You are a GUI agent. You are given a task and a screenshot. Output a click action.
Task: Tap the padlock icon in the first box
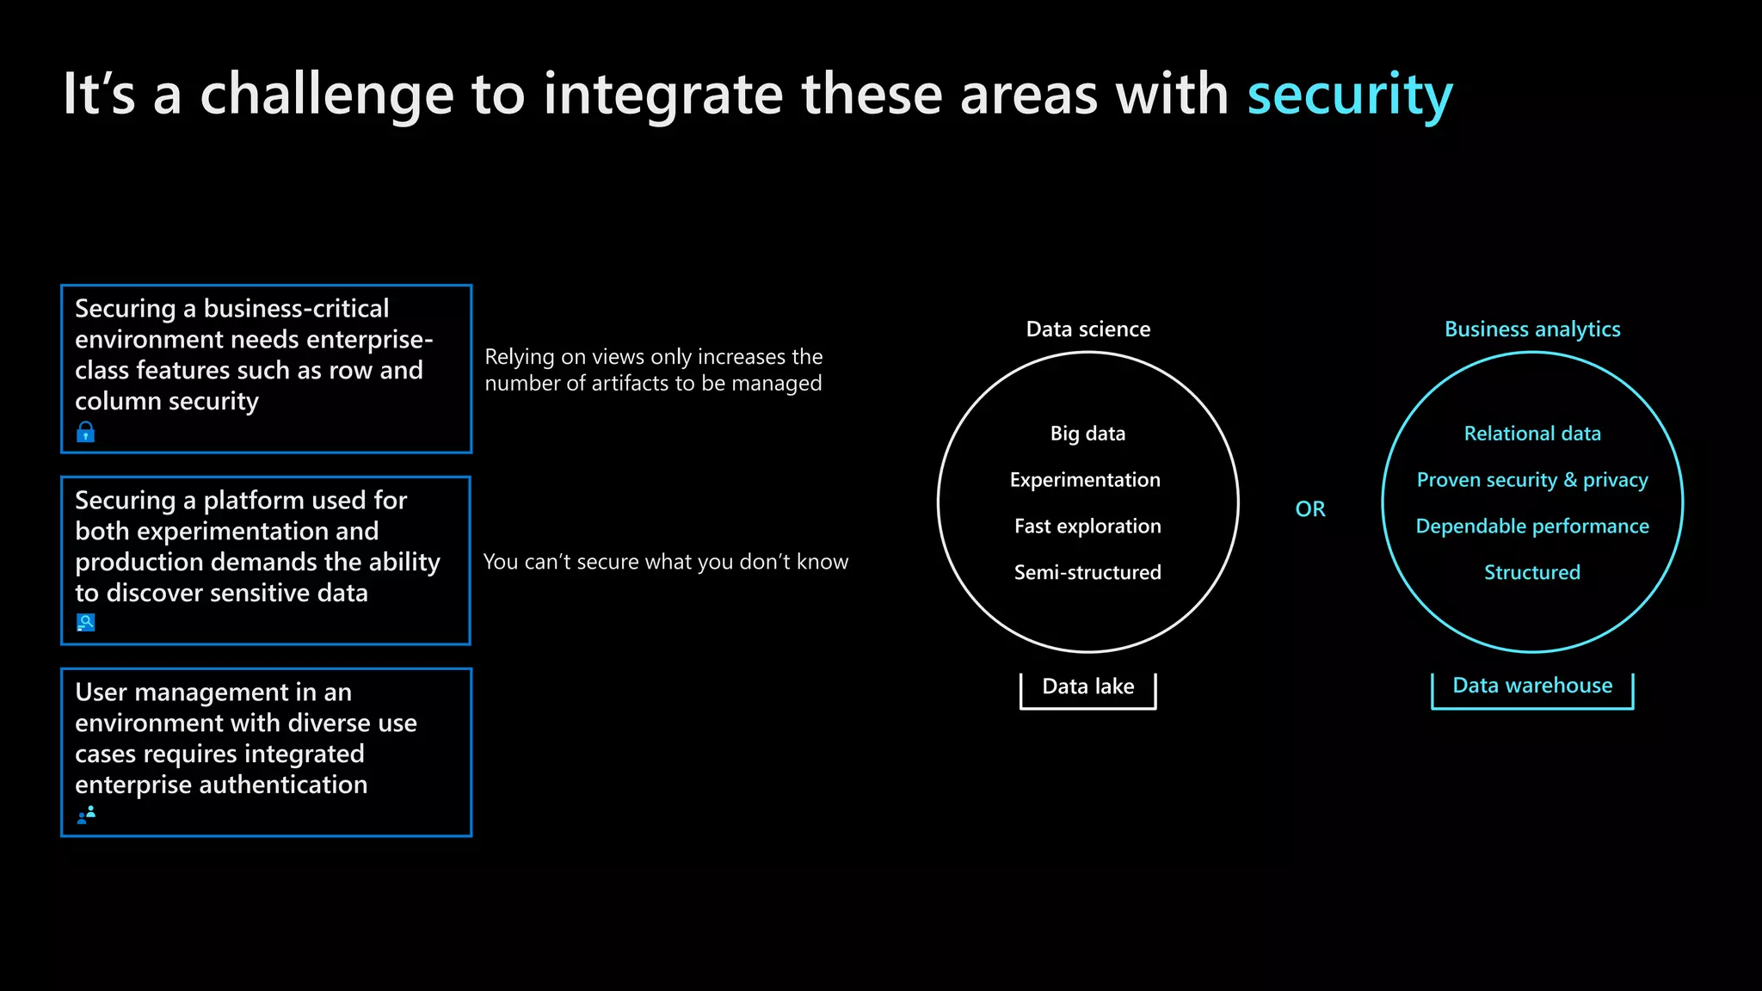(85, 432)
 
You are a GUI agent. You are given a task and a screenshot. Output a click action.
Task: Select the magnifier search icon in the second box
(85, 622)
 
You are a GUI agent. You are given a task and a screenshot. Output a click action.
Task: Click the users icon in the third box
(86, 814)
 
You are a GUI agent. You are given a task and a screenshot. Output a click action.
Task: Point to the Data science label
(1087, 329)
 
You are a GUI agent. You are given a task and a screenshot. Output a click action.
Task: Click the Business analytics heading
(1531, 329)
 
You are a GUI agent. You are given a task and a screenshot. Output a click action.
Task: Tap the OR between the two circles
(1309, 509)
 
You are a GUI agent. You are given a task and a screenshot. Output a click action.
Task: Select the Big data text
(1087, 434)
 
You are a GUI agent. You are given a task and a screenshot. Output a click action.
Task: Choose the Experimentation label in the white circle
(1085, 480)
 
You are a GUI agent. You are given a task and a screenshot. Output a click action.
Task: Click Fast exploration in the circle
(1087, 526)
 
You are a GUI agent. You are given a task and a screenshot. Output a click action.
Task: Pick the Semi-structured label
(1087, 573)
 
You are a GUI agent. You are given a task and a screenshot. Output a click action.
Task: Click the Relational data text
(1531, 434)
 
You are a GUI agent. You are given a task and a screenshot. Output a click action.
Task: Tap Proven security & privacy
(1531, 480)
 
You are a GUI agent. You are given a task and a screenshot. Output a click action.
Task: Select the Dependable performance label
(1531, 526)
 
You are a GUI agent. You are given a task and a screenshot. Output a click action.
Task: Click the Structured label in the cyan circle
(1531, 573)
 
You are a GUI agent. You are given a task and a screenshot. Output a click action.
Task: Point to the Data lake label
(1087, 686)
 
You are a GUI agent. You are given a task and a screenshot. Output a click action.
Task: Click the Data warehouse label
(1531, 686)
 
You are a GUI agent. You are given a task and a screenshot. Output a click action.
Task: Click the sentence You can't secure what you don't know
(665, 563)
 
